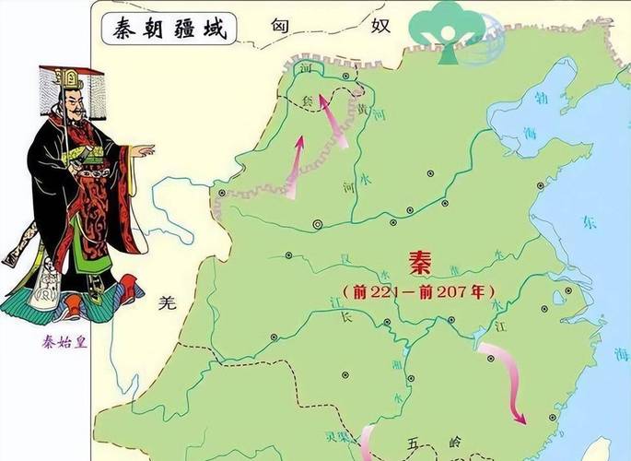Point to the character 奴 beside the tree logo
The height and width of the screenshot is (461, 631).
tap(381, 25)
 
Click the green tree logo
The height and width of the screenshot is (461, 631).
tap(449, 30)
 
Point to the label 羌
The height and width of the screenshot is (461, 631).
tap(166, 301)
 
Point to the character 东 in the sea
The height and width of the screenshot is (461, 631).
tap(590, 221)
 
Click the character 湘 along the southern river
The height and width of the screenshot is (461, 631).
tap(398, 362)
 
